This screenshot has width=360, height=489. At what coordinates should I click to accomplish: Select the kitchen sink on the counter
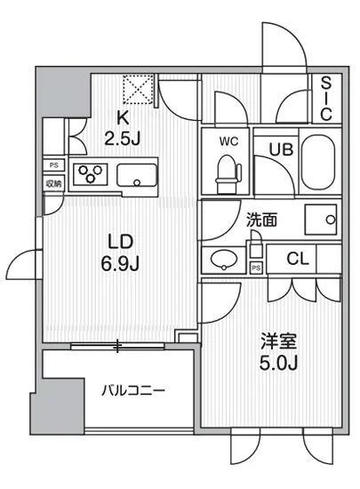pyautogui.click(x=136, y=175)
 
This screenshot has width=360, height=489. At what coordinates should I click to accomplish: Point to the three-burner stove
pyautogui.click(x=89, y=174)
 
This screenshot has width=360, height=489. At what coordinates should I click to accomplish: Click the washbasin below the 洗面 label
pyautogui.click(x=222, y=261)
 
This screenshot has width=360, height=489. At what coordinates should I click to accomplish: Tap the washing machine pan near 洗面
pyautogui.click(x=322, y=219)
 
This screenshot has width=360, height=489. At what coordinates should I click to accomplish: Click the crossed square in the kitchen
pyautogui.click(x=140, y=88)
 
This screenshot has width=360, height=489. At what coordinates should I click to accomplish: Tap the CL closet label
pyautogui.click(x=298, y=259)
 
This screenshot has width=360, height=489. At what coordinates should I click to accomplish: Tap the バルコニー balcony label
pyautogui.click(x=132, y=389)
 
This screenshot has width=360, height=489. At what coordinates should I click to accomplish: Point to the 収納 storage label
pyautogui.click(x=53, y=183)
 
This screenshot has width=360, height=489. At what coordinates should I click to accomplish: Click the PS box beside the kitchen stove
pyautogui.click(x=53, y=165)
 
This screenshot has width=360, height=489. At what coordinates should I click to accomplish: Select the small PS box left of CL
pyautogui.click(x=256, y=267)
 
